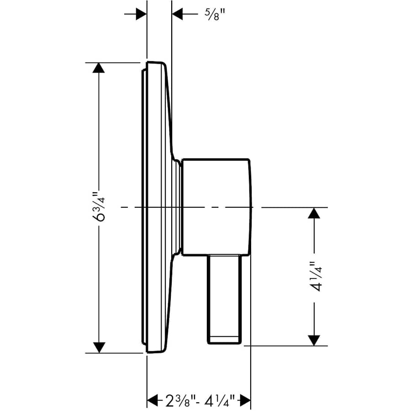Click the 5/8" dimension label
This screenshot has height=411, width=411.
(213, 15)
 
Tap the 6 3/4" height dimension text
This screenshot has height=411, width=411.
(99, 208)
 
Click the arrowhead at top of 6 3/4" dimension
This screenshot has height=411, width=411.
(99, 68)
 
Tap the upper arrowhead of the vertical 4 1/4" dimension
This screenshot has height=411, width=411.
(313, 213)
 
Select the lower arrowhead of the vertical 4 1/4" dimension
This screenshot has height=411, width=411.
(313, 340)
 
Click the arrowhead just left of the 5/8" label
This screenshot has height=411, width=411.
(178, 14)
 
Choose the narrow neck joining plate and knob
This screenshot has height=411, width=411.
(179, 207)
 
